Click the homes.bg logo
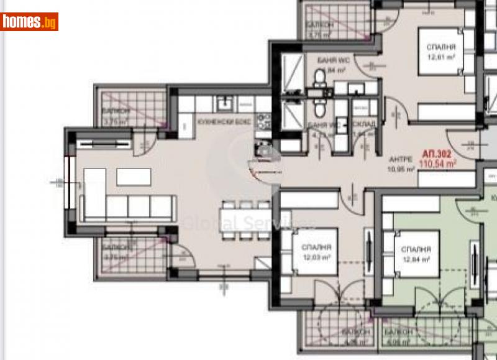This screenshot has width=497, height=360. point(29,22)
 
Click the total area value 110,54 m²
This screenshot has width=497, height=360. point(438,164)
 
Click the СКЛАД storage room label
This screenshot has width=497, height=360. point(364,124)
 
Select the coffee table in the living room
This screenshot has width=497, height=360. point(134,177)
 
